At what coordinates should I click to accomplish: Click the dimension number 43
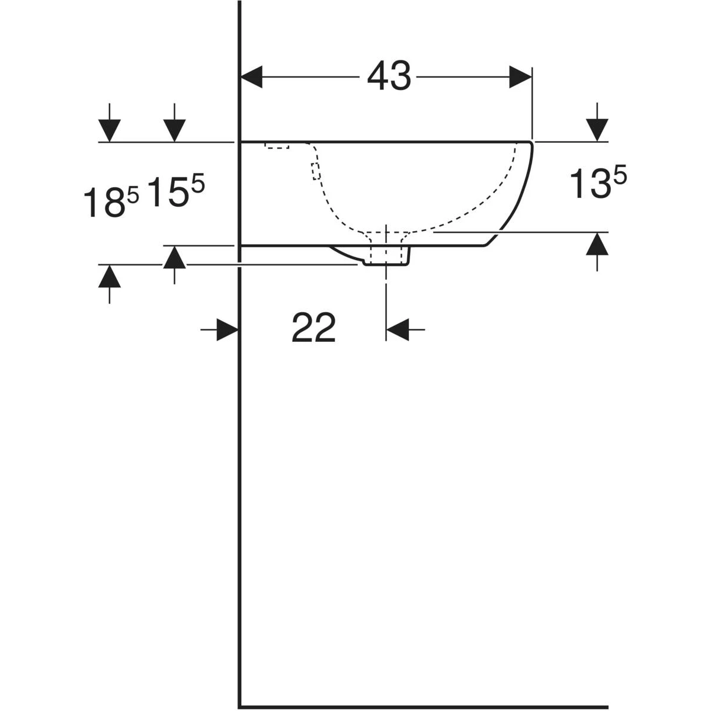(389, 76)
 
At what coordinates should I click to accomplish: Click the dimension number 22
(313, 328)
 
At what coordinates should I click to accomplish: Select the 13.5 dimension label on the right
(597, 182)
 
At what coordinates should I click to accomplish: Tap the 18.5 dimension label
(111, 201)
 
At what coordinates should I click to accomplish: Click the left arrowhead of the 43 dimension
(251, 77)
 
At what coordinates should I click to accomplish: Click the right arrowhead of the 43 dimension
(520, 77)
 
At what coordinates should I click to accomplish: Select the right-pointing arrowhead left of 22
(228, 329)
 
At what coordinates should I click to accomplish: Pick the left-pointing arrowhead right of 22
(398, 329)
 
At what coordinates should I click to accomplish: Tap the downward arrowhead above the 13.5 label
(597, 130)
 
